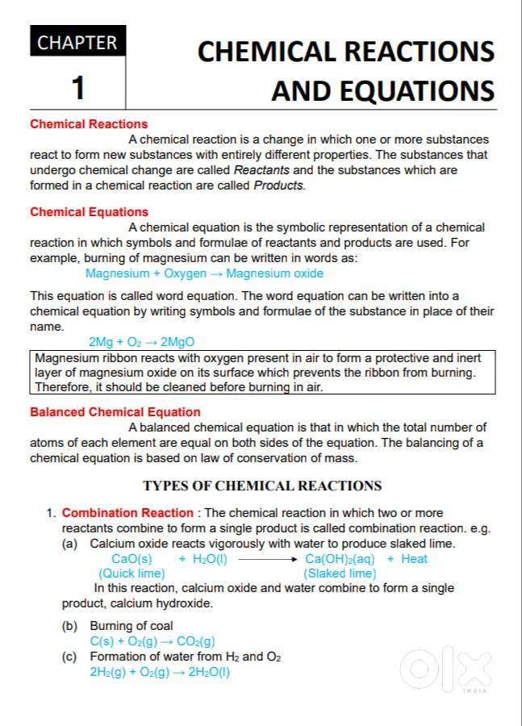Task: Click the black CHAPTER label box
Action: pyautogui.click(x=77, y=42)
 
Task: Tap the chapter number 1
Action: pyautogui.click(x=77, y=87)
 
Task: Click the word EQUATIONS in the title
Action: pyautogui.click(x=382, y=90)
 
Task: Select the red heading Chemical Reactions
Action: pyautogui.click(x=89, y=124)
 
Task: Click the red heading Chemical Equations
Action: pyautogui.click(x=89, y=212)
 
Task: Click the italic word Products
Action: pyautogui.click(x=278, y=186)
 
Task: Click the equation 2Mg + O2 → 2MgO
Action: pyautogui.click(x=141, y=342)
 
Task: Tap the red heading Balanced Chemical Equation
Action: pyautogui.click(x=115, y=412)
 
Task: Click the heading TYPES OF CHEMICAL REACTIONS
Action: pyautogui.click(x=262, y=486)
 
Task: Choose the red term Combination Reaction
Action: pyautogui.click(x=127, y=513)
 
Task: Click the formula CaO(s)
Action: pyautogui.click(x=132, y=559)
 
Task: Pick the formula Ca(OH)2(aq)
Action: pyautogui.click(x=340, y=559)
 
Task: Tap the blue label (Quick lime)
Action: pyautogui.click(x=132, y=574)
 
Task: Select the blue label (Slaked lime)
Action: pyautogui.click(x=340, y=574)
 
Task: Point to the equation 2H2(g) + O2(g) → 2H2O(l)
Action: pyautogui.click(x=160, y=672)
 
